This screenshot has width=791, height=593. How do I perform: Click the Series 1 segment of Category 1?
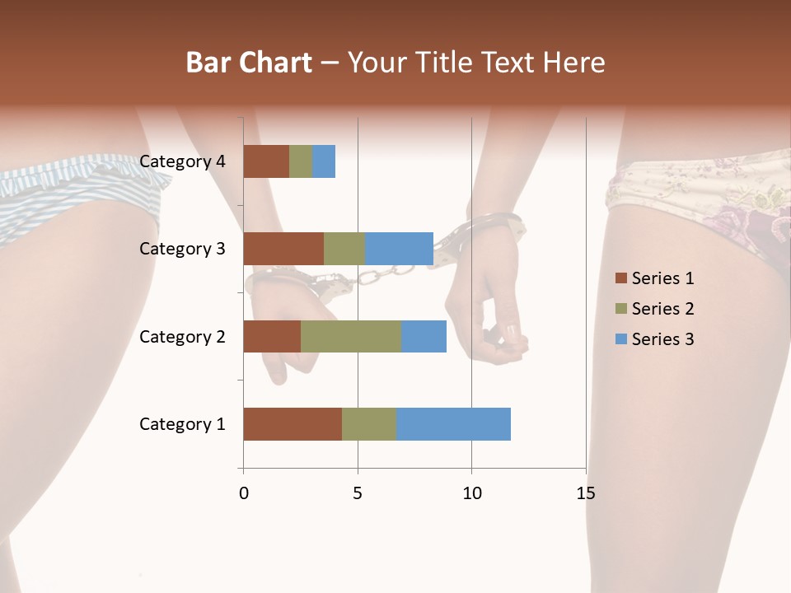point(293,424)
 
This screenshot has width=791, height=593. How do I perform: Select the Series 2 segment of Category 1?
point(369,424)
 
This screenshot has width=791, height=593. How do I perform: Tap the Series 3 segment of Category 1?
point(453,424)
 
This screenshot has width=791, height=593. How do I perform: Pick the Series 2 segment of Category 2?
point(351,336)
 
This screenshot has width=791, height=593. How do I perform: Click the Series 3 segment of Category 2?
point(424,336)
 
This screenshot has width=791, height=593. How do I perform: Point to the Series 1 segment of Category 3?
point(283,249)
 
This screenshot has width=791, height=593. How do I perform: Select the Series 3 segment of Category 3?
point(399,249)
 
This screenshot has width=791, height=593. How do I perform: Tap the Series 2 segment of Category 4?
point(301,161)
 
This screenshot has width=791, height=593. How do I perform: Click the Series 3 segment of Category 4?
point(324,161)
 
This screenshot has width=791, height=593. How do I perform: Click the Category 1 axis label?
point(182,424)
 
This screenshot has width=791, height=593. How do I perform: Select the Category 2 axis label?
point(182,336)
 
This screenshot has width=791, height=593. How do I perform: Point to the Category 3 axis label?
point(182,249)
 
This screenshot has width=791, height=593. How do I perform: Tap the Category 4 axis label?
point(182,161)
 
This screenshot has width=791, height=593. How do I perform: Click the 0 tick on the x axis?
point(244,493)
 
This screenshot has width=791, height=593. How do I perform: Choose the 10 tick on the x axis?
point(471,493)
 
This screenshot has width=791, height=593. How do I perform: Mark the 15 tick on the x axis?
point(585,493)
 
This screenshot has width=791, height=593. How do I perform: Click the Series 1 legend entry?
point(654,278)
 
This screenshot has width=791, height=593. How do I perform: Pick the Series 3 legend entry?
point(654,339)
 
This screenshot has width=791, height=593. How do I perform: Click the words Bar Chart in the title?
point(249,63)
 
